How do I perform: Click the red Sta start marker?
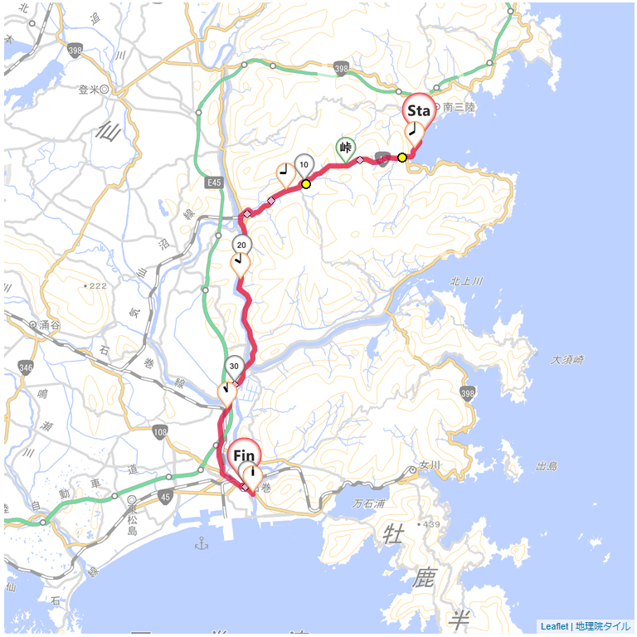pyautogui.click(x=419, y=110)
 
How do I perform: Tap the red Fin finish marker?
pyautogui.click(x=244, y=455)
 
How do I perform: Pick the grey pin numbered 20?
pyautogui.click(x=241, y=245)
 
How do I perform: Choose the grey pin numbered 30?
pyautogui.click(x=234, y=366)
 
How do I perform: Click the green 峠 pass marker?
pyautogui.click(x=346, y=147)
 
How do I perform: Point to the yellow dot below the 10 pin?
pyautogui.click(x=306, y=184)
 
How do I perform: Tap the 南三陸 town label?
pyautogui.click(x=459, y=107)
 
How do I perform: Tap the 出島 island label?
pyautogui.click(x=547, y=467)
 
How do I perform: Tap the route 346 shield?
pyautogui.click(x=26, y=367)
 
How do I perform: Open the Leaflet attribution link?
pyautogui.click(x=554, y=626)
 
